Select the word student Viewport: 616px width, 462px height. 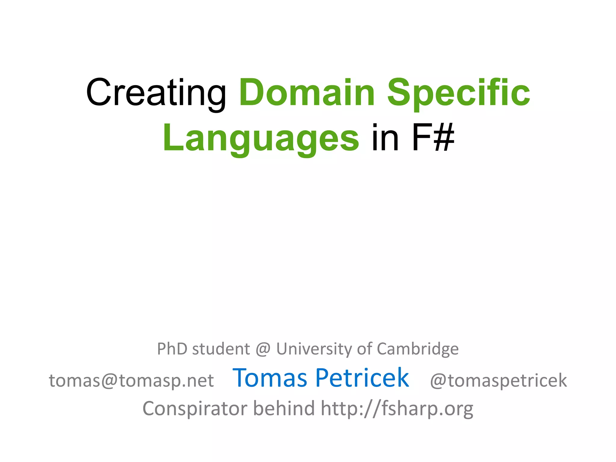221,349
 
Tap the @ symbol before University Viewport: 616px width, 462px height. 263,349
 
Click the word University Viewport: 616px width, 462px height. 314,349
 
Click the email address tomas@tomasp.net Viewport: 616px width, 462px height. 131,380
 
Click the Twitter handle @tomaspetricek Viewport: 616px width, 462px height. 498,380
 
